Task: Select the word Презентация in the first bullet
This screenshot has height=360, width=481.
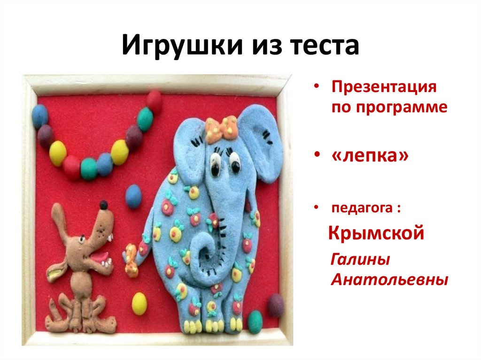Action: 384,87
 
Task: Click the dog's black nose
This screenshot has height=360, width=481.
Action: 103,205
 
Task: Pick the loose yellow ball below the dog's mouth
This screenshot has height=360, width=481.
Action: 139,303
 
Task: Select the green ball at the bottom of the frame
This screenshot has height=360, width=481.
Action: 255,322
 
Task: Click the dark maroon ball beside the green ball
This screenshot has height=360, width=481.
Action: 276,305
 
